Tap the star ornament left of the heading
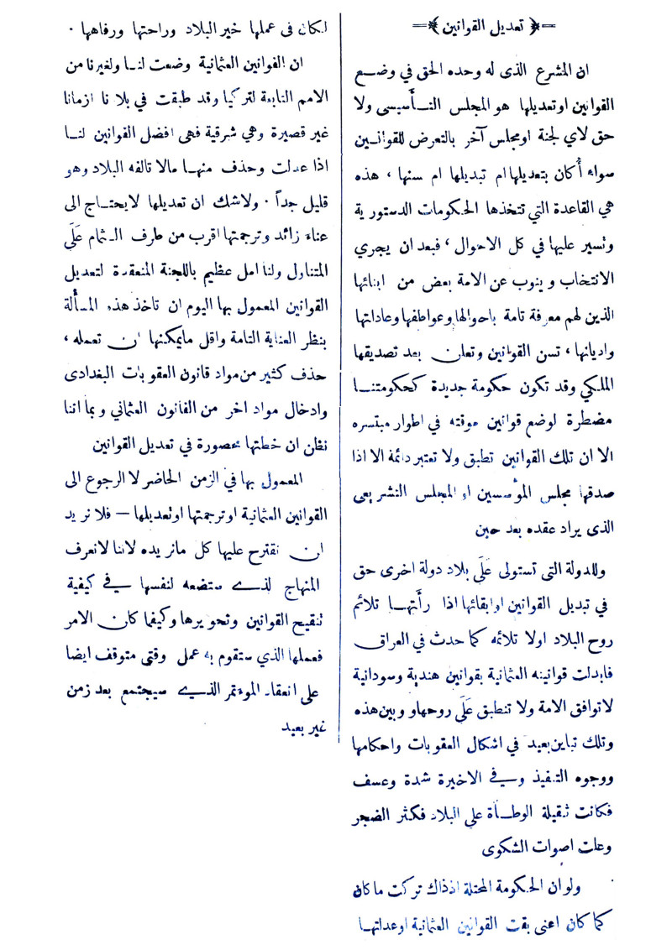click(434, 27)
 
